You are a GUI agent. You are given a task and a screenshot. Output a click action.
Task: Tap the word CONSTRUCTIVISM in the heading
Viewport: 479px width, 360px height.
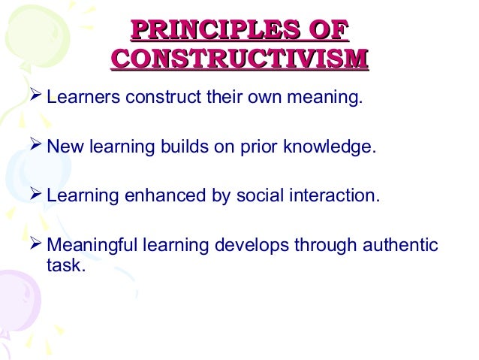[239, 59]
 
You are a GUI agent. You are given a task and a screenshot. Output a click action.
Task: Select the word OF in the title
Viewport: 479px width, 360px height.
[327, 30]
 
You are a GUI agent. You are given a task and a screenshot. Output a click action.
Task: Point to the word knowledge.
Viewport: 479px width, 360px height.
[327, 147]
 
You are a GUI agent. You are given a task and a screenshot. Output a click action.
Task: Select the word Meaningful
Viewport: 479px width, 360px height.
[89, 247]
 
